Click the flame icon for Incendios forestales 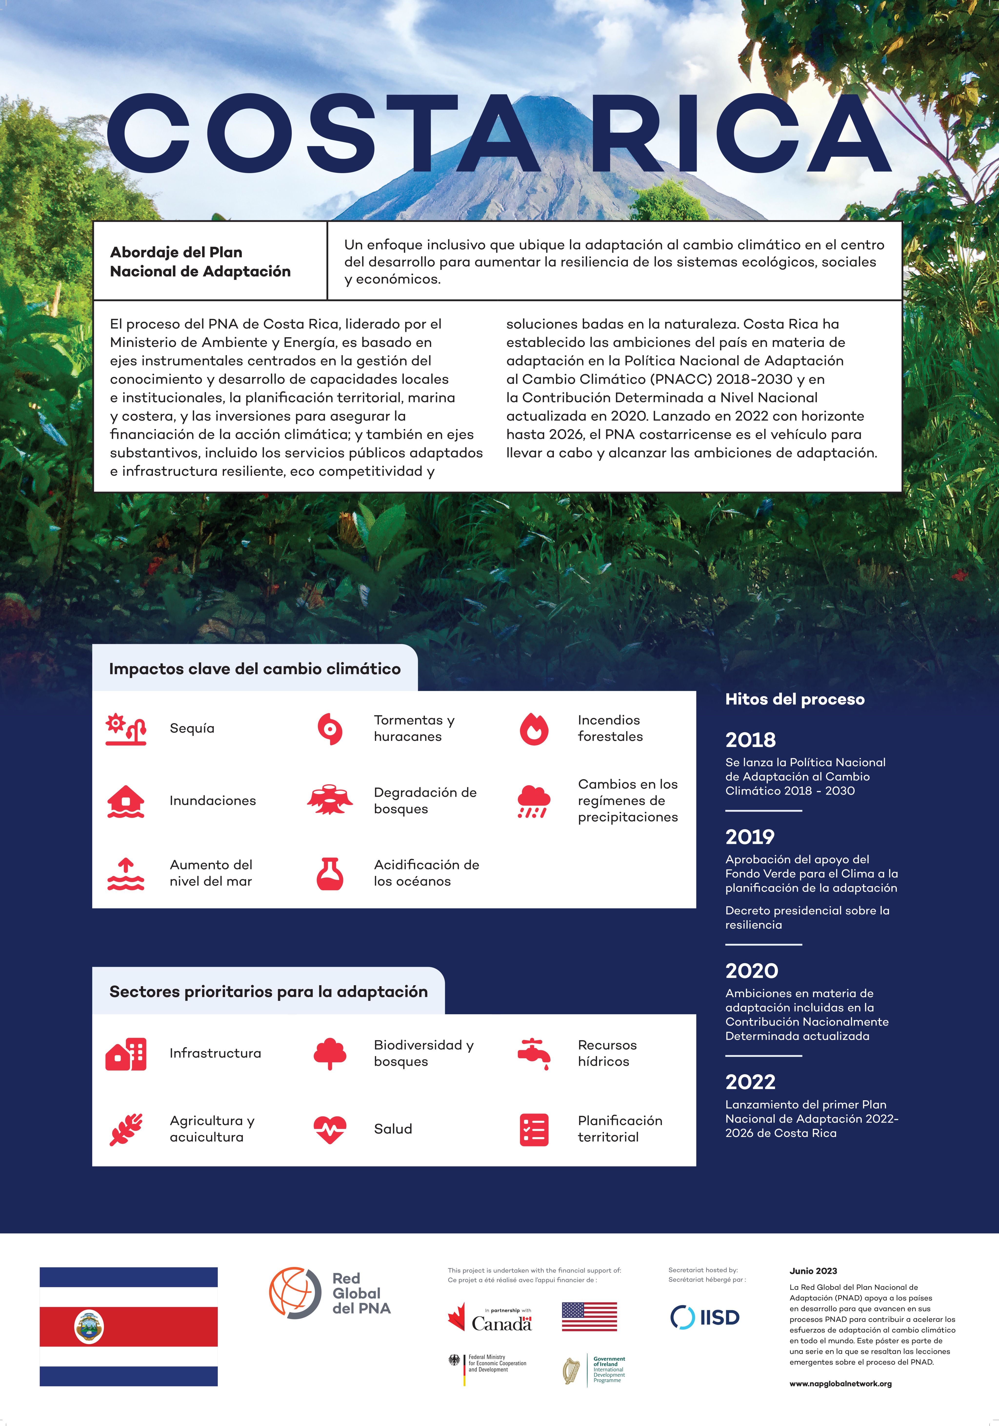click(x=534, y=728)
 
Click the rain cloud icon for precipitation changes click(x=534, y=801)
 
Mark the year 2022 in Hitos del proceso click(x=750, y=1082)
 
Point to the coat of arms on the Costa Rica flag click(x=89, y=1327)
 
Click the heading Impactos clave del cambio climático click(x=255, y=669)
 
